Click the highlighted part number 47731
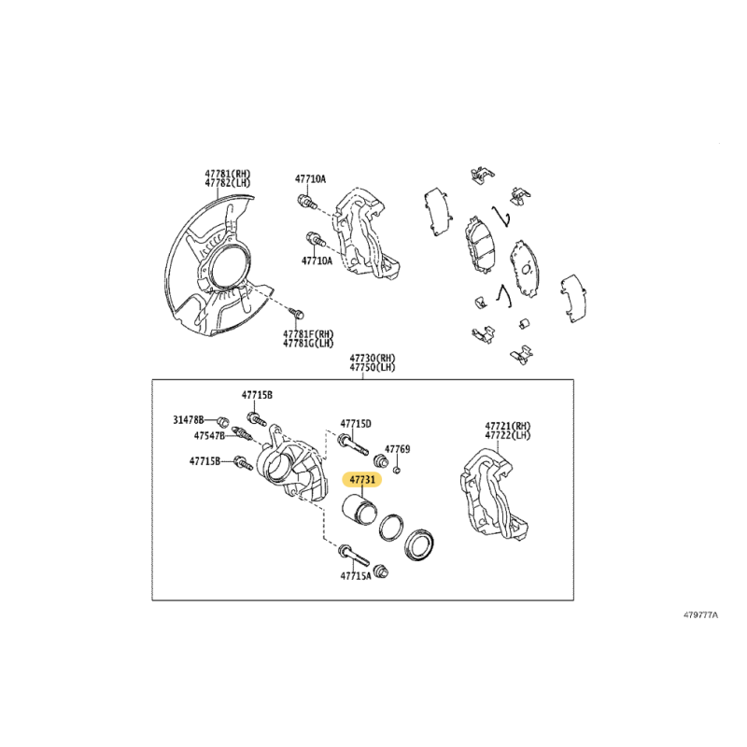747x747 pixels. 362,480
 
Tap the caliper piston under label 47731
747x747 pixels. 359,510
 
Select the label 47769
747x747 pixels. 398,449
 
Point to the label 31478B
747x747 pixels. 189,419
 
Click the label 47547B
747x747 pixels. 209,435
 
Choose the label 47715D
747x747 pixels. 356,424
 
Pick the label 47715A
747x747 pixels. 356,575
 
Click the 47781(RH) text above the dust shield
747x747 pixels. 228,174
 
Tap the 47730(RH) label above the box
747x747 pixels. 373,358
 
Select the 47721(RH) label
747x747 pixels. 508,426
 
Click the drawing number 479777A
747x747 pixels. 701,614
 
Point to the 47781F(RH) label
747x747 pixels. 308,334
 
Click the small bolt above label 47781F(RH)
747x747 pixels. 297,314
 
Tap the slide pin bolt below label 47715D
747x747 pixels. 353,444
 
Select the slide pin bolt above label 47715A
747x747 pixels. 353,555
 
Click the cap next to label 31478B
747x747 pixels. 222,421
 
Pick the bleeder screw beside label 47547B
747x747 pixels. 242,433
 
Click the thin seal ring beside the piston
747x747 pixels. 391,528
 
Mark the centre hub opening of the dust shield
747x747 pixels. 227,269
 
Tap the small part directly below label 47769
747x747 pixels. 398,472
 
